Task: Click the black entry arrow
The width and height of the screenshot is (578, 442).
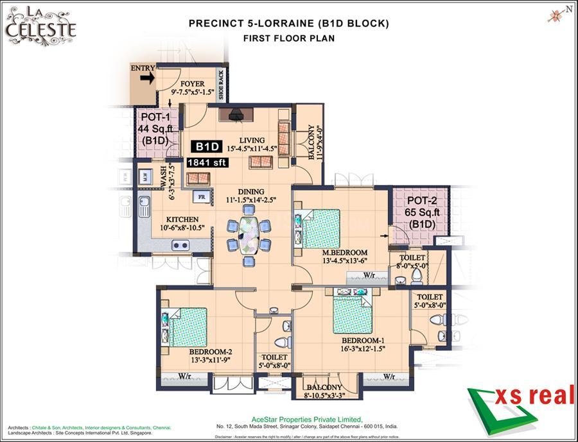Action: (147, 78)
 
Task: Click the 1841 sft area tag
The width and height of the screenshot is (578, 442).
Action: (207, 163)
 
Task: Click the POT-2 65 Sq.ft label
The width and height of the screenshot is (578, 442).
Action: (421, 212)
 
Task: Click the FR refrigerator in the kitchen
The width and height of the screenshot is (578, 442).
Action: (202, 197)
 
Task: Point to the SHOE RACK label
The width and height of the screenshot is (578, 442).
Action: (222, 84)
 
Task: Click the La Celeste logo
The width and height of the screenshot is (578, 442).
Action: (41, 25)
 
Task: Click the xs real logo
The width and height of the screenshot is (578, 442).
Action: (520, 404)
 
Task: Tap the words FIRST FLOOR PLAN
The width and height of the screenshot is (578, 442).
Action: (288, 38)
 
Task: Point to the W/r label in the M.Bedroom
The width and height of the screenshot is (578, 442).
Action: (369, 276)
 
